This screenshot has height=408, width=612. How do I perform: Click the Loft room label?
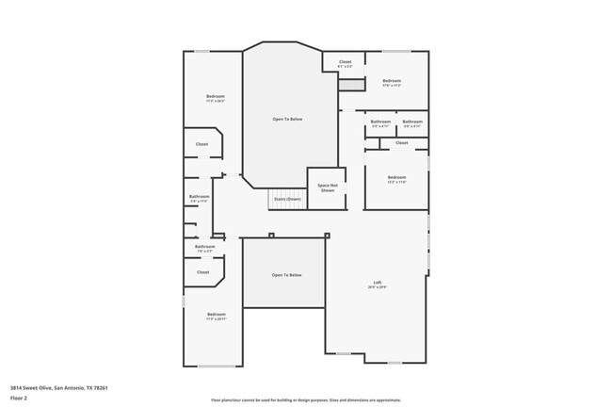[377, 284]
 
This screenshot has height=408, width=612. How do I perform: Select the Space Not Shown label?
[327, 188]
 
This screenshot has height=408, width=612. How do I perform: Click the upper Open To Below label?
[287, 119]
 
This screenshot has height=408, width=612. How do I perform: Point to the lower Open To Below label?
[286, 274]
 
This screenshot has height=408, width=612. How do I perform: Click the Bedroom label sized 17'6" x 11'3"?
[393, 83]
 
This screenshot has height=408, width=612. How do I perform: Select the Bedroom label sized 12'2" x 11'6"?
[396, 179]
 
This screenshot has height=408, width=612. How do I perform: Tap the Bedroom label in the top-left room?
[216, 98]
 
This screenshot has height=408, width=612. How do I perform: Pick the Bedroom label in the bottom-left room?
[216, 316]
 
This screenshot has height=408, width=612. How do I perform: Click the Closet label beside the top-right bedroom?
[345, 63]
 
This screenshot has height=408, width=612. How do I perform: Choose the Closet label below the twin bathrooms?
[402, 142]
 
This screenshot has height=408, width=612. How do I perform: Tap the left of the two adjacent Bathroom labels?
[379, 122]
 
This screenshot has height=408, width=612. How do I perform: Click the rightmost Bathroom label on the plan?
[412, 122]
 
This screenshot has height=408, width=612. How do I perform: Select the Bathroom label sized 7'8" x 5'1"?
[204, 248]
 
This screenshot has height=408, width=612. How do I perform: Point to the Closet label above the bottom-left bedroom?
[202, 271]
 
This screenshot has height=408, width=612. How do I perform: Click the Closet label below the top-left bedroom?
[201, 143]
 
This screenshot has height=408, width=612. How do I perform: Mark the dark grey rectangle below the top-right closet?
[351, 86]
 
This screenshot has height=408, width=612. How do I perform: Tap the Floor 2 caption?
[19, 398]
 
